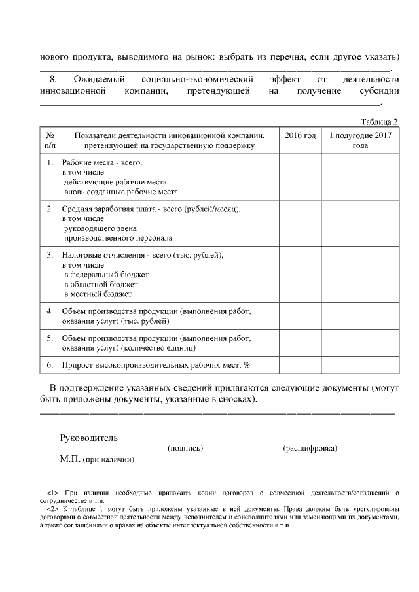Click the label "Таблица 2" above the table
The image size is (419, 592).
click(x=379, y=122)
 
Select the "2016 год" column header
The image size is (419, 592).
click(x=300, y=135)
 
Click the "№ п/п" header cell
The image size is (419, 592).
click(x=49, y=140)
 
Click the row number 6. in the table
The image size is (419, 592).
click(x=50, y=364)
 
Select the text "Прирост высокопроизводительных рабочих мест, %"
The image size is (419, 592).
click(x=156, y=364)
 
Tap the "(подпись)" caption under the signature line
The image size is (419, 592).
click(x=185, y=449)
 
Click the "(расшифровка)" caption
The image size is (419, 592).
click(x=310, y=449)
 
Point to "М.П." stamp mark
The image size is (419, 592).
click(x=70, y=460)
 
